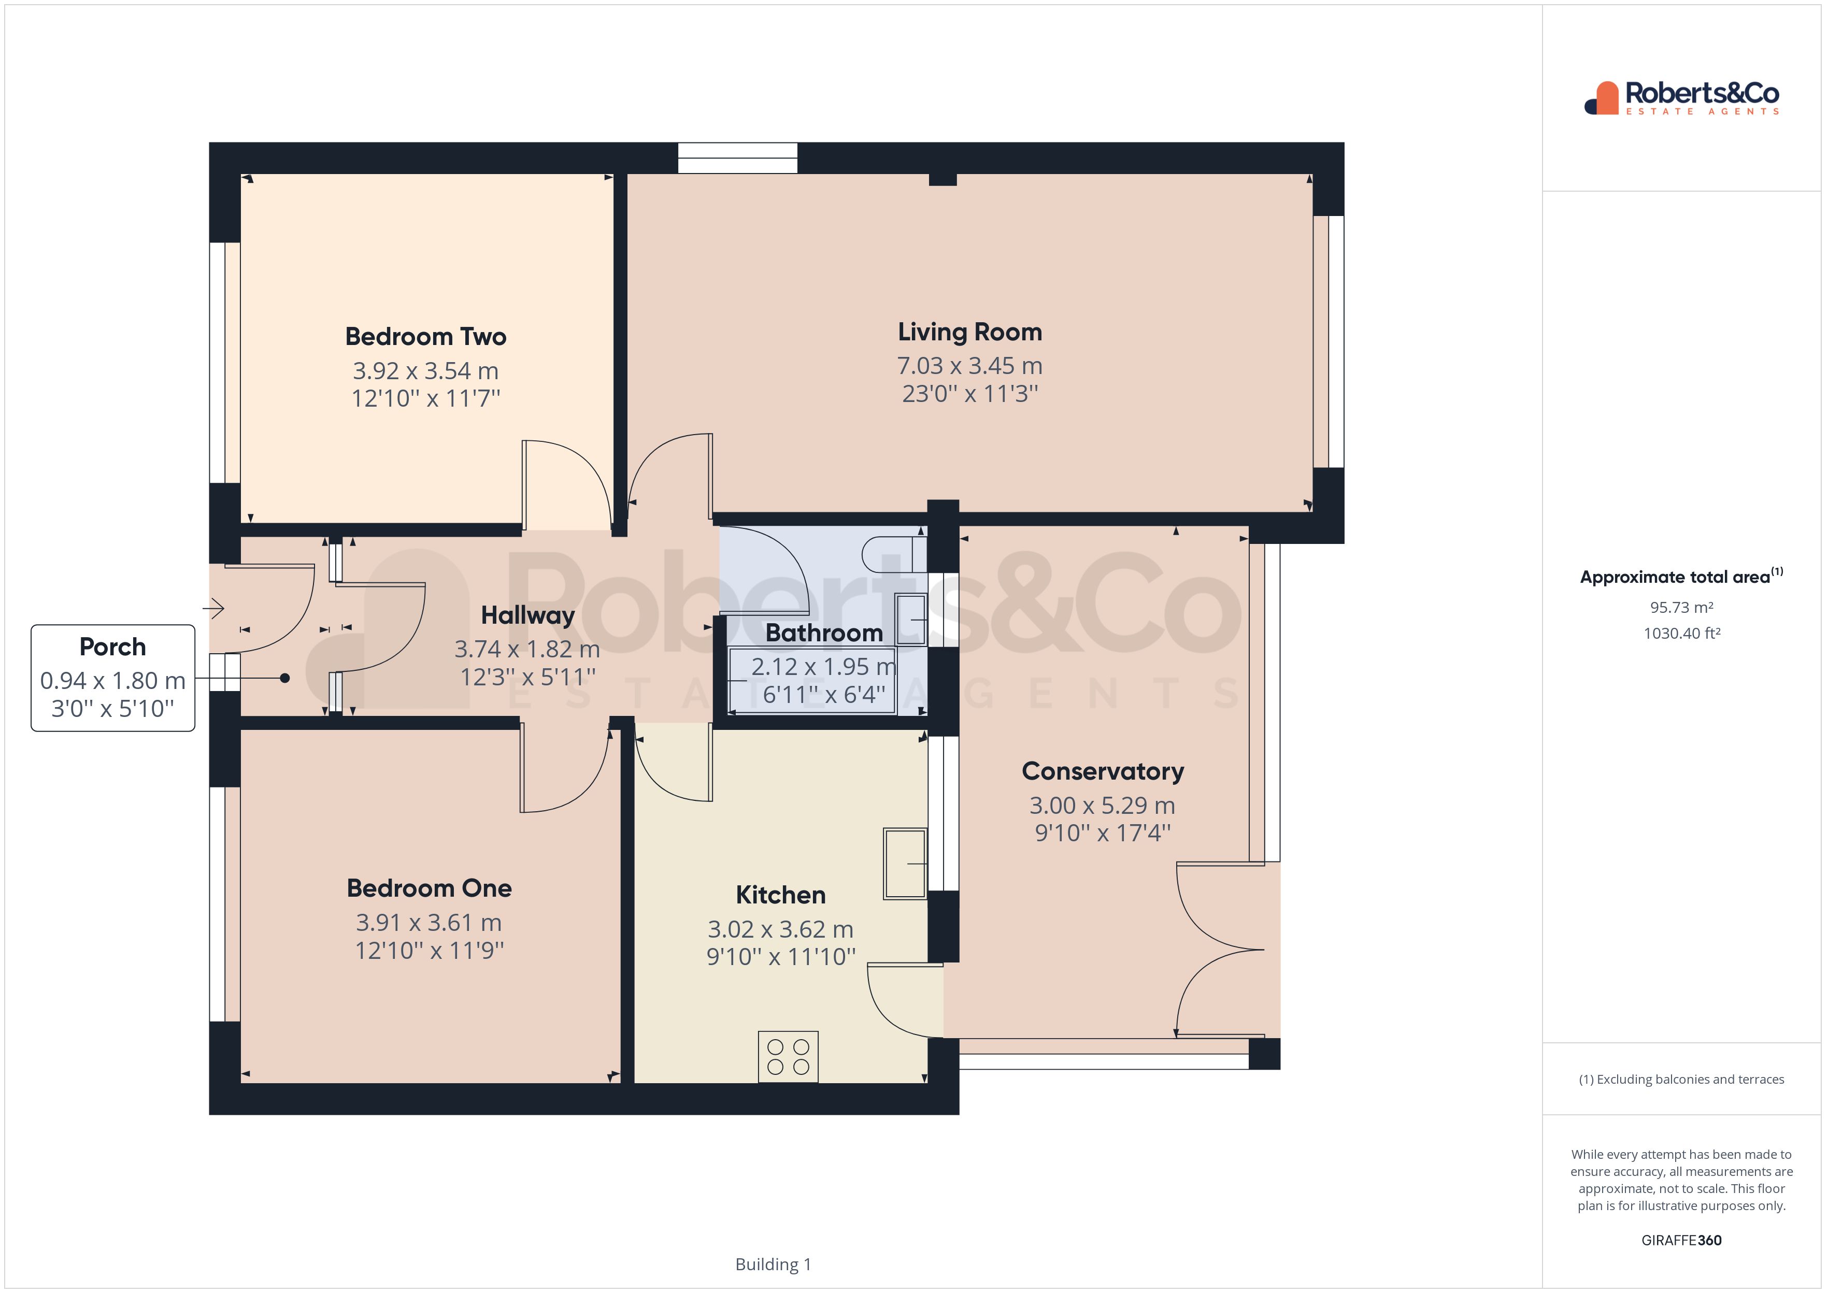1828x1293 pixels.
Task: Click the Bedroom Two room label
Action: [425, 337]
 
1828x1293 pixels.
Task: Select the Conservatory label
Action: [1102, 771]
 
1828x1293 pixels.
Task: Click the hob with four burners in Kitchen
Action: [788, 1057]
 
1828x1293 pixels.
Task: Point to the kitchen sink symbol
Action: [905, 864]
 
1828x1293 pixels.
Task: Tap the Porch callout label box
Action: [113, 678]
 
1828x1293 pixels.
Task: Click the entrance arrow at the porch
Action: [213, 609]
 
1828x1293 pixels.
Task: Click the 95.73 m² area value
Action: [1681, 608]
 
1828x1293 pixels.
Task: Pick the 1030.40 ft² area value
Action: [1681, 634]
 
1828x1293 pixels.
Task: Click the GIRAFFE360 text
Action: [1681, 1240]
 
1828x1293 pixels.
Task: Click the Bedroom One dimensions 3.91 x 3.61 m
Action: [429, 923]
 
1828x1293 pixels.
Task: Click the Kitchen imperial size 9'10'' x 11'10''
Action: [780, 956]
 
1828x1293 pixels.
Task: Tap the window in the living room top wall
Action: [737, 157]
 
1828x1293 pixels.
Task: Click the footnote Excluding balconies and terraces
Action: [1681, 1080]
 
